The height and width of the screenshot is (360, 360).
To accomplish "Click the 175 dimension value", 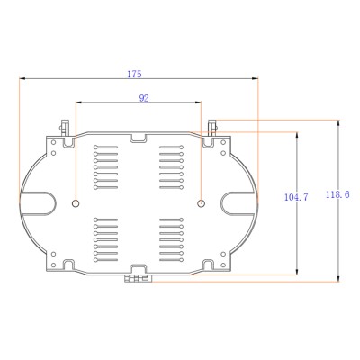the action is (x=134, y=74).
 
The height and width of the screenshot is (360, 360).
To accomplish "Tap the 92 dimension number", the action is (x=144, y=98).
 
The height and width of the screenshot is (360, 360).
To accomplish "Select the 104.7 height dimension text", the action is (x=296, y=197).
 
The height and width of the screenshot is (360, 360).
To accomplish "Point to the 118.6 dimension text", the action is (x=337, y=194).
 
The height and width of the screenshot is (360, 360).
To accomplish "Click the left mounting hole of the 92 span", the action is (x=76, y=203).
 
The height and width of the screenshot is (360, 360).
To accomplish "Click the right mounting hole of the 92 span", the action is (x=201, y=203).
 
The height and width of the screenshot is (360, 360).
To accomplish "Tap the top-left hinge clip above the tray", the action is (x=64, y=128).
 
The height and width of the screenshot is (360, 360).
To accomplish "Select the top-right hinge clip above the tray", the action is (x=212, y=128).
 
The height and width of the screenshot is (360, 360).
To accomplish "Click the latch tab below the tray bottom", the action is (x=139, y=279).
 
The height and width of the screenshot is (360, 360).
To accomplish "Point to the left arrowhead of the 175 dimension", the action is (x=22, y=78).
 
